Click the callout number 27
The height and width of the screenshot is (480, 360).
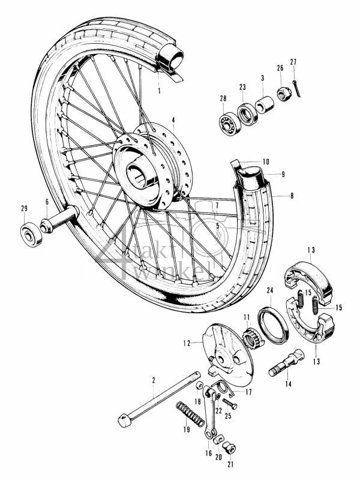click(293, 62)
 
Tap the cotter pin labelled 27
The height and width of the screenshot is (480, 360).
click(298, 87)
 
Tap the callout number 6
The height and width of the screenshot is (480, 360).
click(46, 202)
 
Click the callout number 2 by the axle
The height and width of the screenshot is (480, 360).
click(154, 380)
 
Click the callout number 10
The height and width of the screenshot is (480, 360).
click(266, 162)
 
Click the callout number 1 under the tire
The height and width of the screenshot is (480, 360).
click(159, 91)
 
